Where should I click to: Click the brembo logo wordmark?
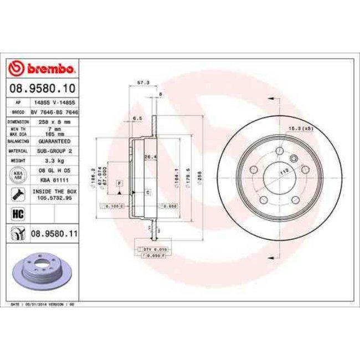click(42, 69)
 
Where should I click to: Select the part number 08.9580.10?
click(42, 88)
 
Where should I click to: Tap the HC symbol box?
click(16, 213)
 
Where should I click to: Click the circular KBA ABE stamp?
click(17, 175)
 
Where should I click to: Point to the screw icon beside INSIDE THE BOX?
click(16, 194)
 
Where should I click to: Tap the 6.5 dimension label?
click(138, 118)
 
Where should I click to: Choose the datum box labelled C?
click(148, 192)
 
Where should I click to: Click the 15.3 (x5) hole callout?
click(298, 128)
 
